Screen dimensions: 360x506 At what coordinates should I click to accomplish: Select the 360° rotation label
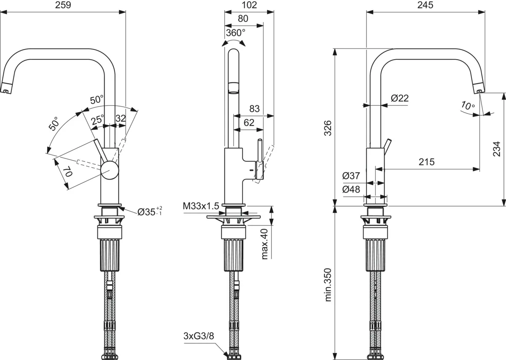pos(234,32)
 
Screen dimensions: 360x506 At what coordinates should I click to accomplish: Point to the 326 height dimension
pos(329,129)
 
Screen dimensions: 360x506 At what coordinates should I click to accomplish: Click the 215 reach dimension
pos(426,162)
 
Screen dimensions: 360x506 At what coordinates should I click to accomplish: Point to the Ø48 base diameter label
pos(351,190)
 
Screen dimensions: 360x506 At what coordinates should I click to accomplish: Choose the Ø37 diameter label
pos(351,176)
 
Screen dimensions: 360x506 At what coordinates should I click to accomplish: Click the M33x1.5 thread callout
pos(201,206)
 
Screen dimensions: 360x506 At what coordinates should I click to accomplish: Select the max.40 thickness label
pos(265,244)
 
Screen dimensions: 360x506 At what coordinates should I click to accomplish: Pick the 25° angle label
pos(97,119)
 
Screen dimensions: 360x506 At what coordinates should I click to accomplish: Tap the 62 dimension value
pos(249,123)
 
